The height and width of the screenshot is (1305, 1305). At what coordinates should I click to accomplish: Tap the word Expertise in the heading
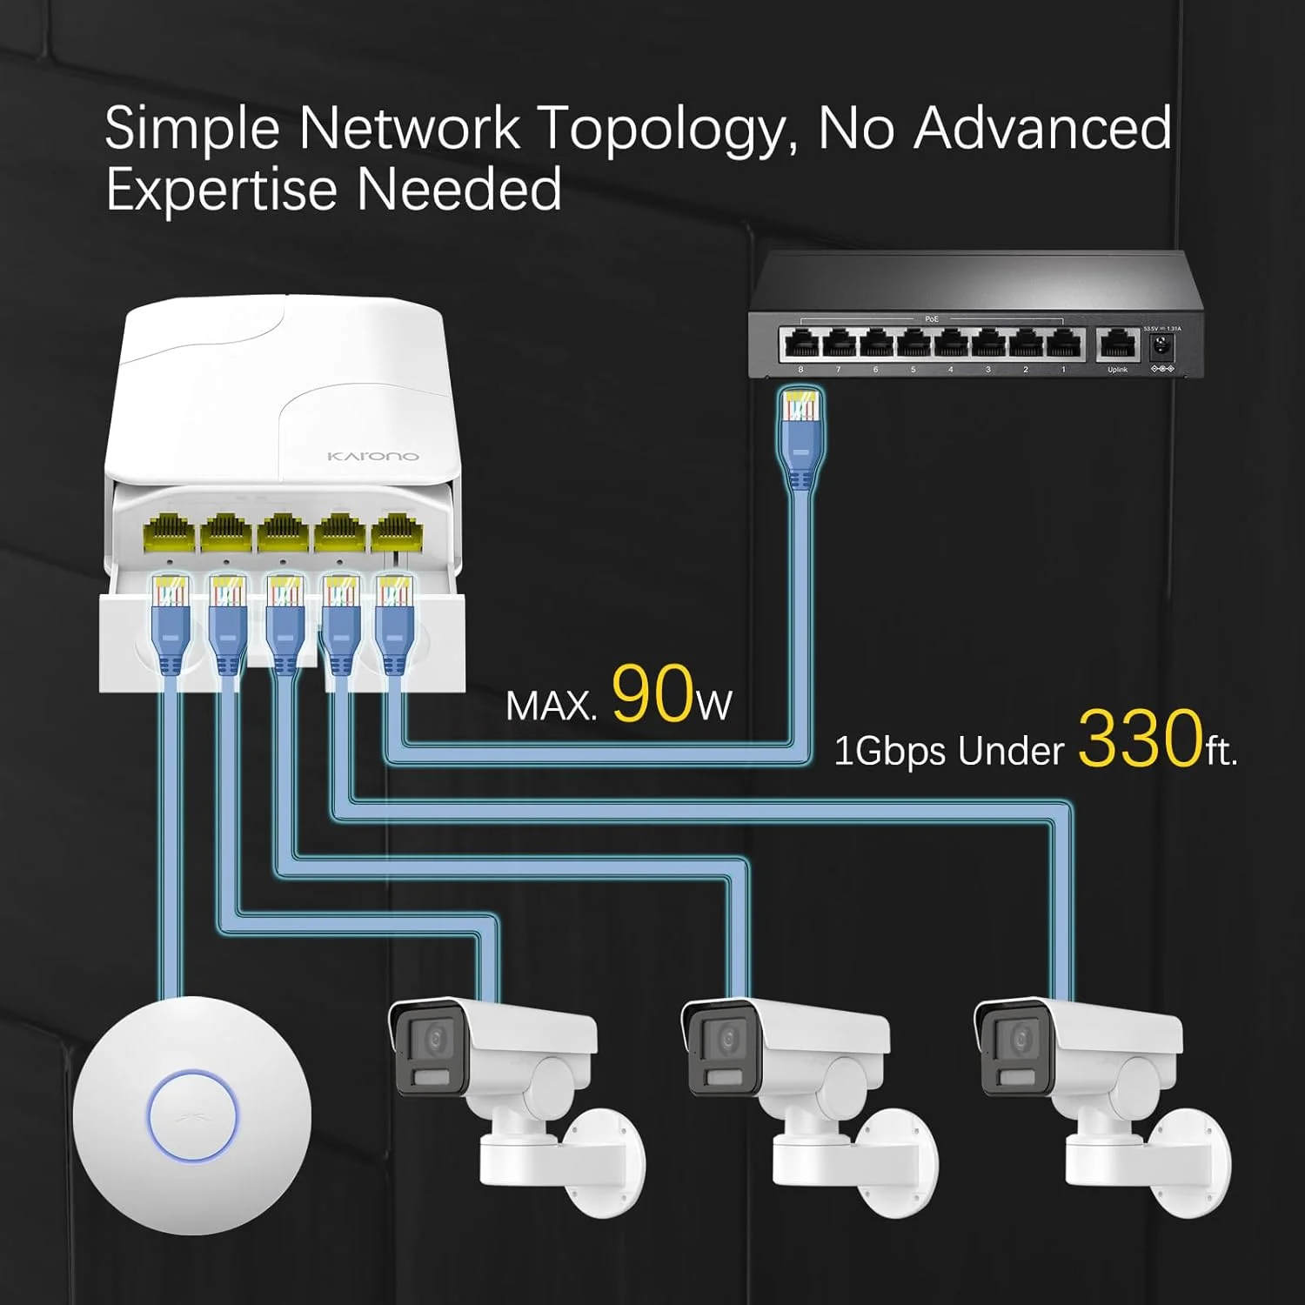tap(221, 190)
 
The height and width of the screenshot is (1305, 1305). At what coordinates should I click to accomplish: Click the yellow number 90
tap(652, 693)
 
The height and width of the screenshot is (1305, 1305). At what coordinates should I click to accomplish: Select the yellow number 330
tap(1141, 739)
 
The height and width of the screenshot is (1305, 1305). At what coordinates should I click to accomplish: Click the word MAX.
tap(551, 706)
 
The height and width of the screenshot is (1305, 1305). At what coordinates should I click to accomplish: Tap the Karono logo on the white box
tap(372, 456)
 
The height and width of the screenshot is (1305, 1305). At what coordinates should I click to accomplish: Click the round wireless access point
tap(192, 1115)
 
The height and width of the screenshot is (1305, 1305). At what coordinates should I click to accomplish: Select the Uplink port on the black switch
tap(1116, 345)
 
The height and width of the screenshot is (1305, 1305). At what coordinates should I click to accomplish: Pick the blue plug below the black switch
tap(800, 435)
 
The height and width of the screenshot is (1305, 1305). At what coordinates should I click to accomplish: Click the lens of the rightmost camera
tap(1021, 1039)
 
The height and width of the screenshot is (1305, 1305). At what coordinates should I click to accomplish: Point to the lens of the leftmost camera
tap(434, 1039)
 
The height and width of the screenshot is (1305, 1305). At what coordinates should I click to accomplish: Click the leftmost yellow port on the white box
tap(169, 532)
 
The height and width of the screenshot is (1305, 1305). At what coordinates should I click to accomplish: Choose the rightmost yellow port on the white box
tap(395, 532)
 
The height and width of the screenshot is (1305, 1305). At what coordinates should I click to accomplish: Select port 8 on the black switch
tap(800, 345)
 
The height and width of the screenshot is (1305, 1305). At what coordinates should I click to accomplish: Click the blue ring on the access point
tap(192, 1115)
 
